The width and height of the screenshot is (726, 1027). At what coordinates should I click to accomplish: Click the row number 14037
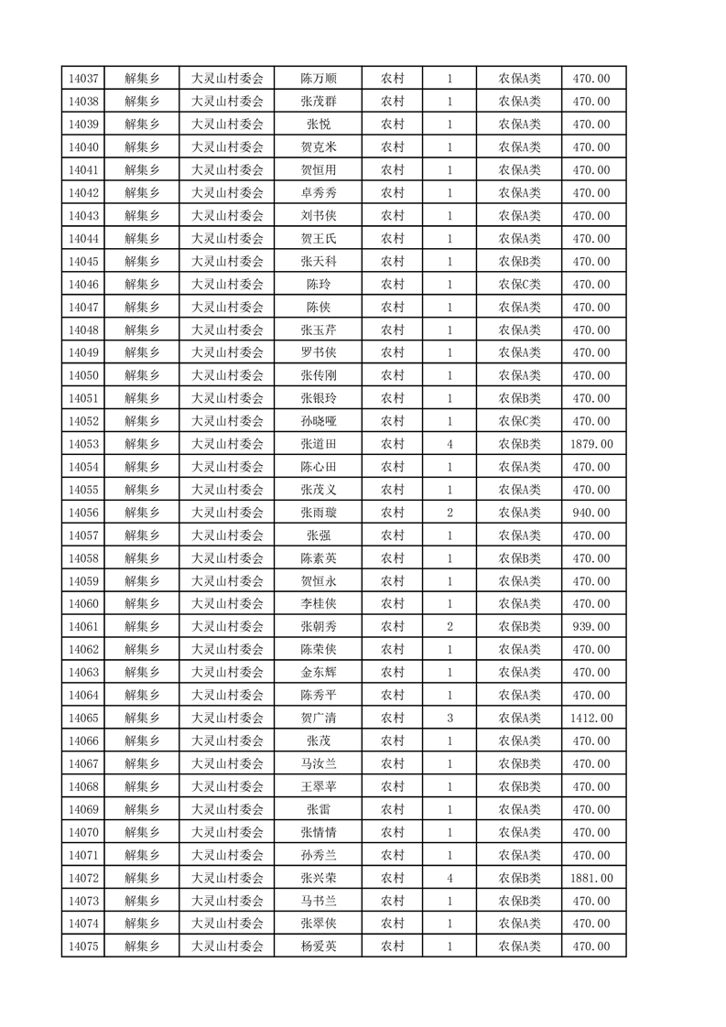(82, 79)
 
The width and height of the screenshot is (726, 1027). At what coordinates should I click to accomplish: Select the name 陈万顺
(319, 79)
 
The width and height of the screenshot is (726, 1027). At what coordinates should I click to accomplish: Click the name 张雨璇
(319, 513)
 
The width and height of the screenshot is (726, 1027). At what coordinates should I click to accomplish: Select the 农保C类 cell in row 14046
(519, 285)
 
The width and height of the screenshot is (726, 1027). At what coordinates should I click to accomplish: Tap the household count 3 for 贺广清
(450, 719)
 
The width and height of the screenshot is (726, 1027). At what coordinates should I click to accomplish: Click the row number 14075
(82, 946)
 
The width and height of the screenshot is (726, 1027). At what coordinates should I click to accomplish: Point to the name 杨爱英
(319, 946)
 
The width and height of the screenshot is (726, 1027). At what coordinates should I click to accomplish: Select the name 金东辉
(319, 673)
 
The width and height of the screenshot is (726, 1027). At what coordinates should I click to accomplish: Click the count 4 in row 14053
(450, 444)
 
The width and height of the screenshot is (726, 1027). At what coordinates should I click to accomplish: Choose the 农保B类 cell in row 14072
(519, 878)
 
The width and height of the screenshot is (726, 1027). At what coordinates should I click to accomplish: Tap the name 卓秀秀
(319, 193)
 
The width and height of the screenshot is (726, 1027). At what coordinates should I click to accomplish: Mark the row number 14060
(82, 604)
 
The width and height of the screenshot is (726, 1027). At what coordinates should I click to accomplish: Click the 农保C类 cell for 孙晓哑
(519, 421)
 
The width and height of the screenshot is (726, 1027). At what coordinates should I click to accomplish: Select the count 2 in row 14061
(450, 627)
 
